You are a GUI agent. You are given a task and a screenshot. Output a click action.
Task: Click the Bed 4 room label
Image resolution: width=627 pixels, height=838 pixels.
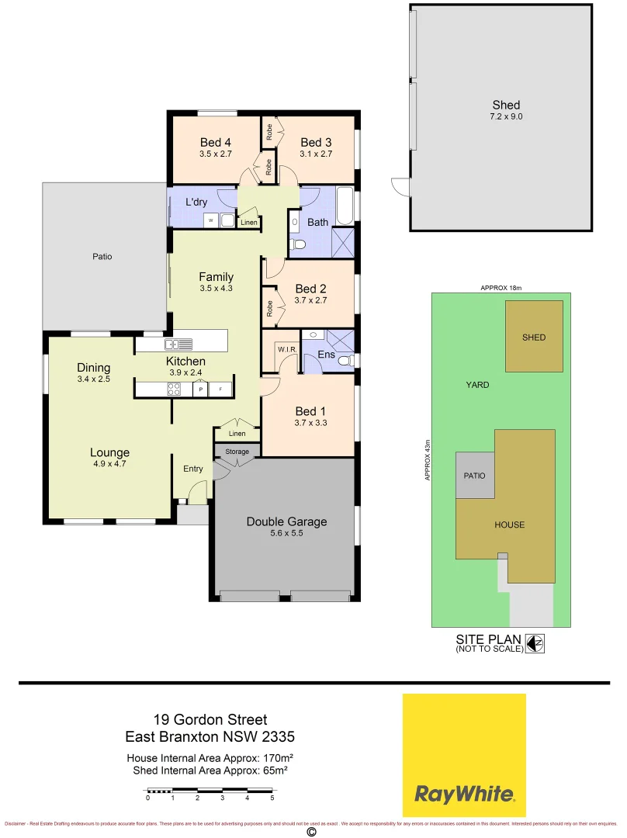pos(215,142)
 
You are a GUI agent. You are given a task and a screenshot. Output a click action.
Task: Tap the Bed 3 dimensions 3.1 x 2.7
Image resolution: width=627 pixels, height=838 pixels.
pos(316,154)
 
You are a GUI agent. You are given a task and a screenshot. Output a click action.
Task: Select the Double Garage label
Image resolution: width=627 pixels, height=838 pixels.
pos(286,521)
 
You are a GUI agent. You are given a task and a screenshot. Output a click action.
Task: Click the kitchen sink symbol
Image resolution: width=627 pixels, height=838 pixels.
pos(171,345)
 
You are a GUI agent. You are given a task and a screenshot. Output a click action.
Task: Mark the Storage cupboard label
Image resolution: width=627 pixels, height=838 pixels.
pos(237,452)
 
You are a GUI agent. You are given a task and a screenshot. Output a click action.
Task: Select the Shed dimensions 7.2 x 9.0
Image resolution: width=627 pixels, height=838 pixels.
pos(505,117)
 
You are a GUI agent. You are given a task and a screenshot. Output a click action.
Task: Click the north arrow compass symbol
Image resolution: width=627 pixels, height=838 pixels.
pos(534,643)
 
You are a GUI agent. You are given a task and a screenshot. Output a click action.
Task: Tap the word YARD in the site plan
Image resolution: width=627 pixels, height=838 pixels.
pos(477,385)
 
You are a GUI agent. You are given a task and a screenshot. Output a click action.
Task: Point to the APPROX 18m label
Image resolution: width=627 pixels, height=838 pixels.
pos(501,287)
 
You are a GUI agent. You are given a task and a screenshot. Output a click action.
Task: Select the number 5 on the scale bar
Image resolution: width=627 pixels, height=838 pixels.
pos(272,798)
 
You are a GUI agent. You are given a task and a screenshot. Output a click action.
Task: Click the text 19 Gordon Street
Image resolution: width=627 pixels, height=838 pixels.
pos(210,721)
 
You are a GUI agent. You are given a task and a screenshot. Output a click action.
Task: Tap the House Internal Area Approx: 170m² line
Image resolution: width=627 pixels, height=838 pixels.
pos(210,757)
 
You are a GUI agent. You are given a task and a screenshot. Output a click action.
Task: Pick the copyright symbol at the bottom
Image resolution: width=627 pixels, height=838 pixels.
pos(312,832)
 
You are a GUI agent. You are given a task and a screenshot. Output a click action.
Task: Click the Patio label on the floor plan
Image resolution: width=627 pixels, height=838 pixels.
pos(102,256)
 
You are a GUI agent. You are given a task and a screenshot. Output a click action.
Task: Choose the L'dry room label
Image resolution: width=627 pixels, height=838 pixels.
pos(196,202)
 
